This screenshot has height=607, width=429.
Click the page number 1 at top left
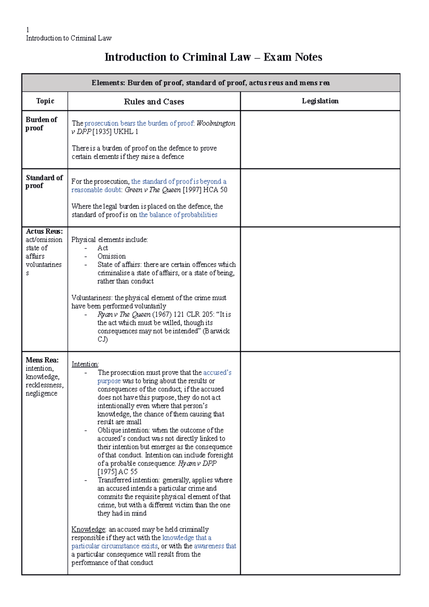(28, 30)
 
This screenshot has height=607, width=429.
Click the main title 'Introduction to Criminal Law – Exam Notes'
(213, 57)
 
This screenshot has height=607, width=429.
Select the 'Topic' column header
(45, 101)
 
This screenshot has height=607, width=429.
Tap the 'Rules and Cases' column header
(154, 102)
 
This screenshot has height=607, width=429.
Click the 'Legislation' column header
(320, 101)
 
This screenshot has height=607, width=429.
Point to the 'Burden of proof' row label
(41, 124)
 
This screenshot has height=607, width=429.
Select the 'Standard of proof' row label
(44, 182)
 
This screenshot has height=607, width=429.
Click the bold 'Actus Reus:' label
(44, 231)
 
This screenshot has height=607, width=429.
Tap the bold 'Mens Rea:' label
(42, 360)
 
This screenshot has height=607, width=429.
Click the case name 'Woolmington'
(216, 123)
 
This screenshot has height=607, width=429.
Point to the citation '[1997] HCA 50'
(205, 190)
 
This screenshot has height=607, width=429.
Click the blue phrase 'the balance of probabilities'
(178, 215)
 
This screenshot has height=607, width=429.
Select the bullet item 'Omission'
(112, 256)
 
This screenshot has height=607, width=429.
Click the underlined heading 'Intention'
(85, 364)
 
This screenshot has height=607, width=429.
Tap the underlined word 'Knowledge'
(88, 529)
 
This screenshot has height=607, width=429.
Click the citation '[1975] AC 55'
(117, 472)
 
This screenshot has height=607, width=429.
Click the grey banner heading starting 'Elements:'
(211, 83)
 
